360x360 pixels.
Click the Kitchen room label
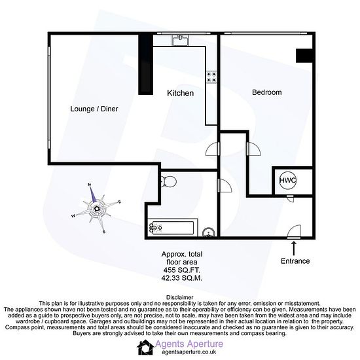[x=180, y=93]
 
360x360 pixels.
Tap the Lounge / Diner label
[x=94, y=109]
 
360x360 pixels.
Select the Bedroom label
[x=267, y=92]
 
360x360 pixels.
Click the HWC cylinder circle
[x=288, y=180]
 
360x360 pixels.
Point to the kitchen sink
[x=181, y=40]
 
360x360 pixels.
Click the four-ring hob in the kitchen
[x=211, y=77]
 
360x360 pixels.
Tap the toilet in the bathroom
[x=168, y=181]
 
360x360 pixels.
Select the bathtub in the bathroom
[x=172, y=228]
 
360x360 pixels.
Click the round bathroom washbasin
[x=209, y=232]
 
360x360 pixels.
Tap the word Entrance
[x=295, y=261]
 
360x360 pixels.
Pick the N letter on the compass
[x=90, y=185]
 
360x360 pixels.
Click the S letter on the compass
[x=104, y=232]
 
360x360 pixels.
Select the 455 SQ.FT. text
[x=181, y=270]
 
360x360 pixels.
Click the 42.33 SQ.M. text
[x=181, y=278]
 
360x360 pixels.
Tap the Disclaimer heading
[x=180, y=298]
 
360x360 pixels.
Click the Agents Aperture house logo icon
[x=145, y=347]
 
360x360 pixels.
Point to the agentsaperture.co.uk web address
[x=189, y=351]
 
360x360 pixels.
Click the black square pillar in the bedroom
[x=304, y=56]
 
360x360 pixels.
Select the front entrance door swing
[x=295, y=230]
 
